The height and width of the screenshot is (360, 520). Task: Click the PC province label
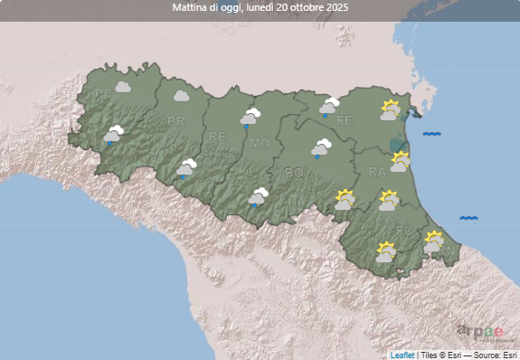(x=103, y=92)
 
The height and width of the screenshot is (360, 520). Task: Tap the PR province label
(x=175, y=120)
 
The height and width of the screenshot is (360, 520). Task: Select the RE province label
(x=217, y=137)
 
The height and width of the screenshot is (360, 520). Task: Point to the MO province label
(x=260, y=143)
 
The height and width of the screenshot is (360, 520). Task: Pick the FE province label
(x=345, y=120)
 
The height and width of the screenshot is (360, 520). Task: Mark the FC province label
(x=403, y=232)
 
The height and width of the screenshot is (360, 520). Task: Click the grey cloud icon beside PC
(x=124, y=88)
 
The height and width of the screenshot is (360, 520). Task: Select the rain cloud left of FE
(x=328, y=107)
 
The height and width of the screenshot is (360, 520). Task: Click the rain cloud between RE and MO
(x=250, y=117)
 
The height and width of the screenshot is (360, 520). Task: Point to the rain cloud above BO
(x=321, y=147)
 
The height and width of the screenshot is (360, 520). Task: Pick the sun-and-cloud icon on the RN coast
(x=433, y=242)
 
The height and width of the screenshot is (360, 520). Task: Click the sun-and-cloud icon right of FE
(x=390, y=111)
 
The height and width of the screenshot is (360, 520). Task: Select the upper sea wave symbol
(x=431, y=134)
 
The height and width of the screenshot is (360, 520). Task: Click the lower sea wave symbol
(x=468, y=218)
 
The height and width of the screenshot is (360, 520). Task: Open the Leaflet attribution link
(x=402, y=355)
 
